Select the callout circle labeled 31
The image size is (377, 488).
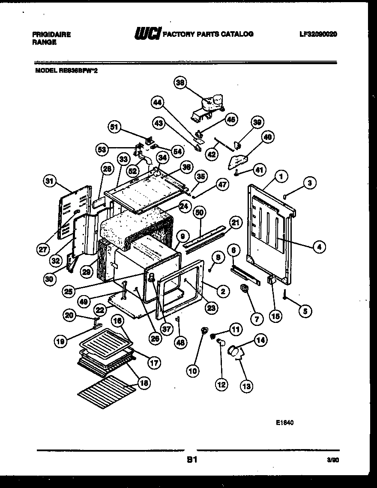(51, 181)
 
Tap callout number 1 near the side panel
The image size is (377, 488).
(281, 175)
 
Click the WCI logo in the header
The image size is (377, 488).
(147, 34)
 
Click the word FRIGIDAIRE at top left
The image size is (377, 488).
(52, 35)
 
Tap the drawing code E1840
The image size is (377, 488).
(285, 423)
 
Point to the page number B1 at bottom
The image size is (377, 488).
(191, 461)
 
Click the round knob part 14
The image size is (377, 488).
(234, 351)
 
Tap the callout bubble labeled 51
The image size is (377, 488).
(114, 127)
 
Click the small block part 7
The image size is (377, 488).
(245, 290)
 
